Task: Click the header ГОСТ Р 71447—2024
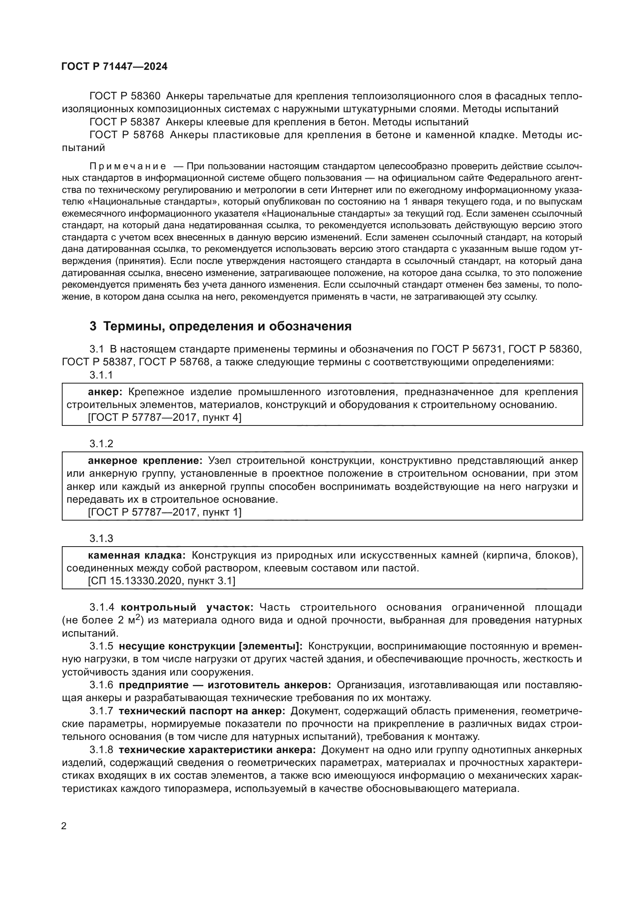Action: (114, 66)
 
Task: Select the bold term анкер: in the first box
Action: (105, 392)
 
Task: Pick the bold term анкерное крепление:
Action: (145, 461)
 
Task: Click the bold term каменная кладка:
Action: (136, 555)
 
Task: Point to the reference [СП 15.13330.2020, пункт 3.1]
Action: (161, 581)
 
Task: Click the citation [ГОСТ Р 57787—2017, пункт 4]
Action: (164, 418)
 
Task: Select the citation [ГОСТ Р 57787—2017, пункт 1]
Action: (164, 512)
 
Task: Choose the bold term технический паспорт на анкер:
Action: (202, 711)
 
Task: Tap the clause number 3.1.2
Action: (101, 444)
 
